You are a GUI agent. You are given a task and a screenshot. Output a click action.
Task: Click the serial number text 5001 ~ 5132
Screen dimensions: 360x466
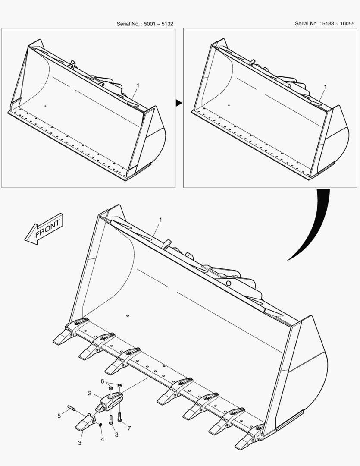[x=158, y=24]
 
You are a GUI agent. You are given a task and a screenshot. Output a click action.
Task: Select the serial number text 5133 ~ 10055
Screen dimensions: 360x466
[x=338, y=23]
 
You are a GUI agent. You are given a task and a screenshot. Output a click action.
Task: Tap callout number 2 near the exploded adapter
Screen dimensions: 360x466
[x=90, y=393]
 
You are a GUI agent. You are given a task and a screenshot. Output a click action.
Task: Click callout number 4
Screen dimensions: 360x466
[x=103, y=439]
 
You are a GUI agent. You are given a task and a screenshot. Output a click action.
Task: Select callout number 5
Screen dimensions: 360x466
[x=59, y=416]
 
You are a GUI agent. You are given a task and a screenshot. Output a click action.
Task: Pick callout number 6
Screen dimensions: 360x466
[x=103, y=381]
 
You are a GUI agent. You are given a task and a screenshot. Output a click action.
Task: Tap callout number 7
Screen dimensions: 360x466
[x=129, y=428]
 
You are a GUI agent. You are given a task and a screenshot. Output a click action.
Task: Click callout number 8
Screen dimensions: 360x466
[x=116, y=435]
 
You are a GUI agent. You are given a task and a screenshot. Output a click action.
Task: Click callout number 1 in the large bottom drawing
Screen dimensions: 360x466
[x=160, y=220]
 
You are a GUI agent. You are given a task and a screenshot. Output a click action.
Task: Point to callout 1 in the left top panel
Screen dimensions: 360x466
[x=138, y=85]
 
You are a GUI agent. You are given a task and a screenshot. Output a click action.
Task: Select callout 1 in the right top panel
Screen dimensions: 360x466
[x=325, y=87]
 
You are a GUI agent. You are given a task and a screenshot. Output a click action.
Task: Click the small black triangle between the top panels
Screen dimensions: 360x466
[x=178, y=103]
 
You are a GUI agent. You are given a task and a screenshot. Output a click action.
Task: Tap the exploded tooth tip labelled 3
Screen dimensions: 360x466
[x=85, y=422]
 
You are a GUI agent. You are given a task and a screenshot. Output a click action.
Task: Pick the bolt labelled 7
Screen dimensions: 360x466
[x=120, y=417]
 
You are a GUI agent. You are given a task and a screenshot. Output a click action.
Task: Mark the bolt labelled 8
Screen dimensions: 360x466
[x=111, y=419]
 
